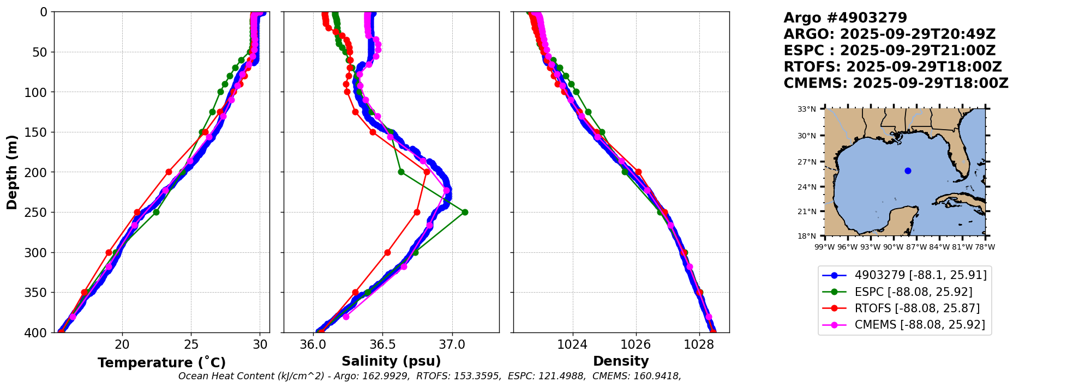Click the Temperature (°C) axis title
click(161, 363)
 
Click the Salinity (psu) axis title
click(391, 361)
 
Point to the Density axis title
click(621, 361)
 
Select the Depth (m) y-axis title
click(12, 172)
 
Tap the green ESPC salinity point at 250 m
click(465, 212)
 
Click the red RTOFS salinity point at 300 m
click(387, 252)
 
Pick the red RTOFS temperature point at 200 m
click(169, 172)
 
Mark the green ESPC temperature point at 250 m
click(156, 212)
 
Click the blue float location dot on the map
click(908, 171)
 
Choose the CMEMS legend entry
click(919, 325)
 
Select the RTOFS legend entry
click(916, 308)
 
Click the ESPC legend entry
click(913, 292)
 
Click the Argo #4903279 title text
click(845, 18)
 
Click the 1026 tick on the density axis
click(636, 344)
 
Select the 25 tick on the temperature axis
click(191, 344)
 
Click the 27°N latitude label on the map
click(807, 162)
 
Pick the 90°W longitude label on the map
click(893, 247)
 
